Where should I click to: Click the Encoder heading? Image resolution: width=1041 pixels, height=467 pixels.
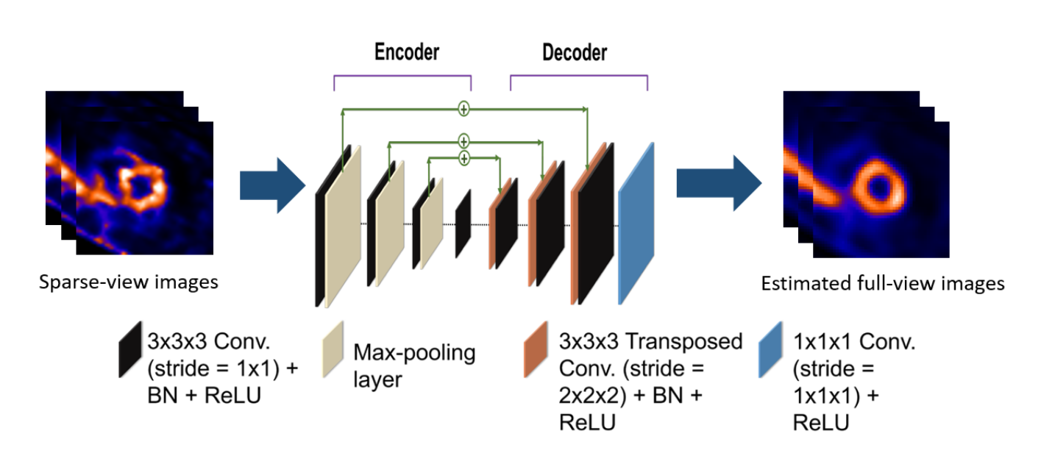[x=406, y=52]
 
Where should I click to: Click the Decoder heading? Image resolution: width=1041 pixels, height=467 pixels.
[x=575, y=53]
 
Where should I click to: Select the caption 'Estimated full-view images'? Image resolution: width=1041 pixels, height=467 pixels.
[x=882, y=284]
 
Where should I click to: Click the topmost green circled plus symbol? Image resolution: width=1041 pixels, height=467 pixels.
[x=463, y=109]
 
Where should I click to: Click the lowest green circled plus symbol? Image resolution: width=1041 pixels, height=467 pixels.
[x=463, y=157]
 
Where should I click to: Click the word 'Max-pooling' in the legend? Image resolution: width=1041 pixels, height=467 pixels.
[x=415, y=353]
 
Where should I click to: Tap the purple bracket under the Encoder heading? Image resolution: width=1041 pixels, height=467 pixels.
[x=402, y=76]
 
